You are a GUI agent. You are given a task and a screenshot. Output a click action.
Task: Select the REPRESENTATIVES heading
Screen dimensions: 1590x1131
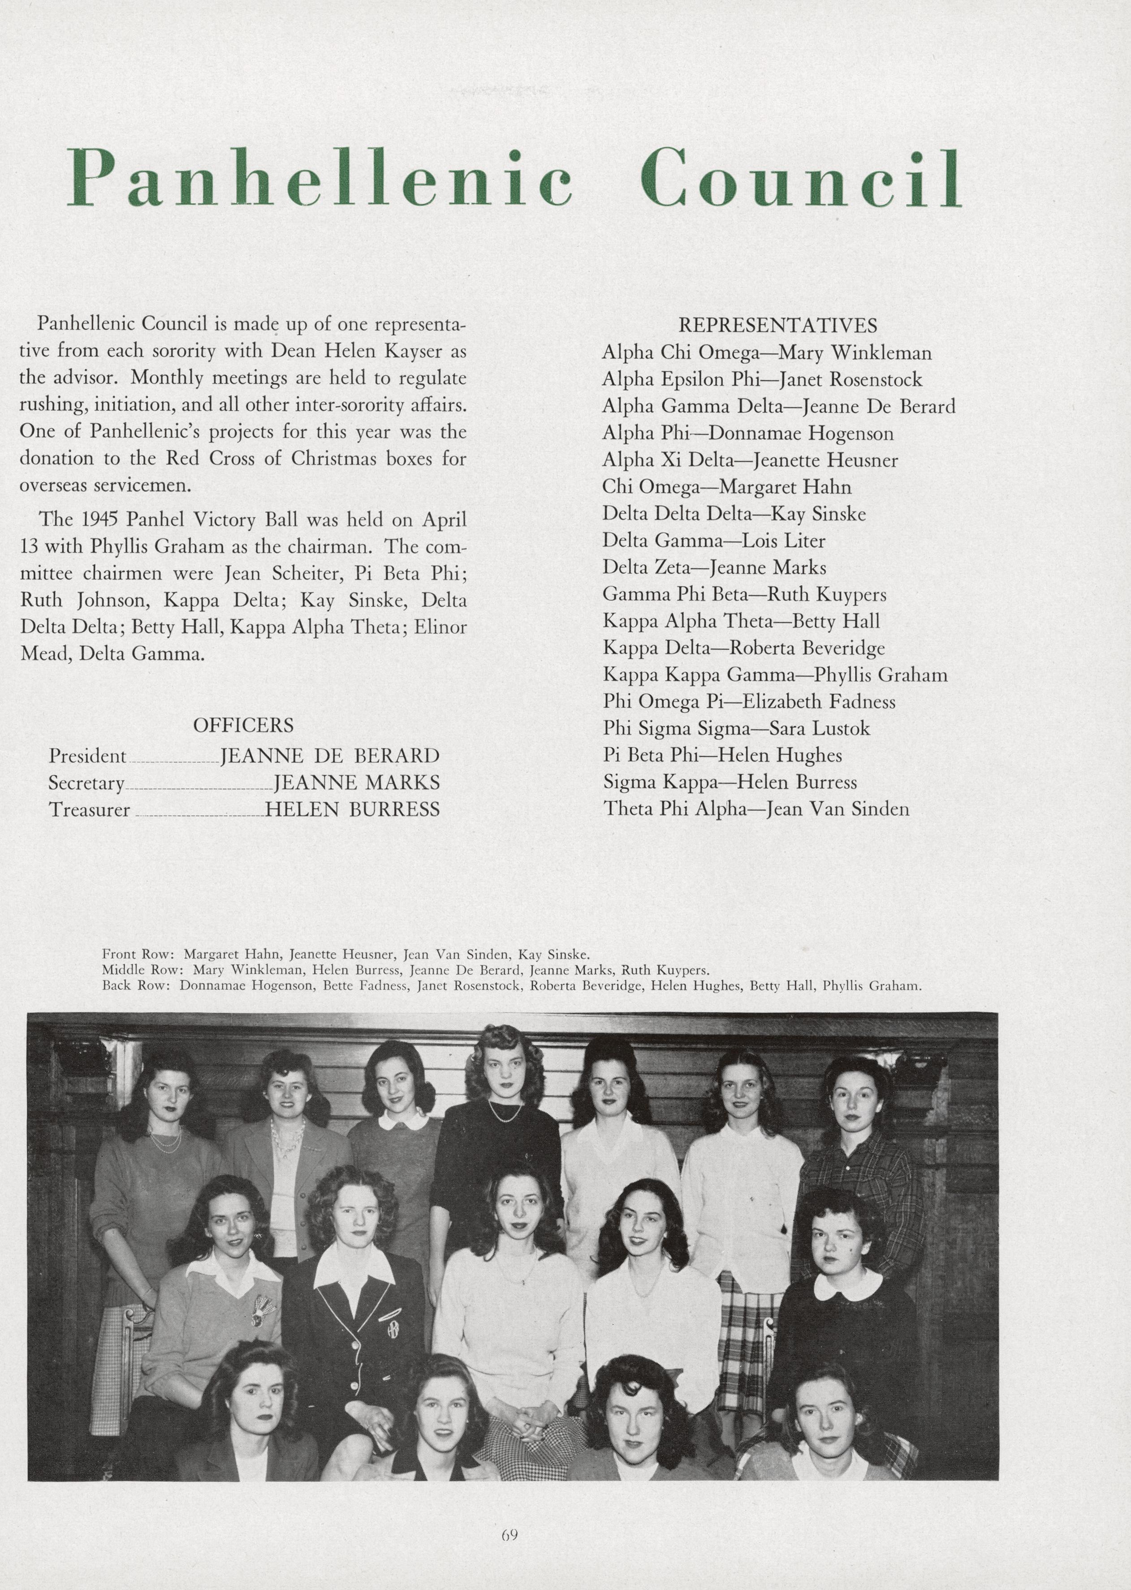point(777,325)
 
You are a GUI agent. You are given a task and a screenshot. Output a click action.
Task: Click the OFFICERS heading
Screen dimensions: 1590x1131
point(243,726)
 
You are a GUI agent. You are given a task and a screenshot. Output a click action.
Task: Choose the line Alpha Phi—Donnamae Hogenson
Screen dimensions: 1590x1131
point(747,433)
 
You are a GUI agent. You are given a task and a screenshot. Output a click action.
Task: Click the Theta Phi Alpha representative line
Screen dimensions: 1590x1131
point(755,809)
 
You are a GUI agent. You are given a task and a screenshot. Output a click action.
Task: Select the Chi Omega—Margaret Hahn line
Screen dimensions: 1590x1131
point(726,486)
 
